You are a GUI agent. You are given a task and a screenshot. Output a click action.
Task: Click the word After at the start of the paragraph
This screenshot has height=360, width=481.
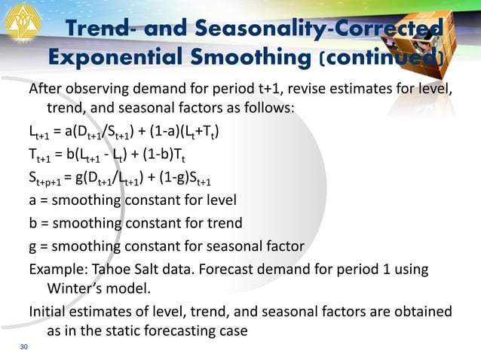click(x=45, y=91)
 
